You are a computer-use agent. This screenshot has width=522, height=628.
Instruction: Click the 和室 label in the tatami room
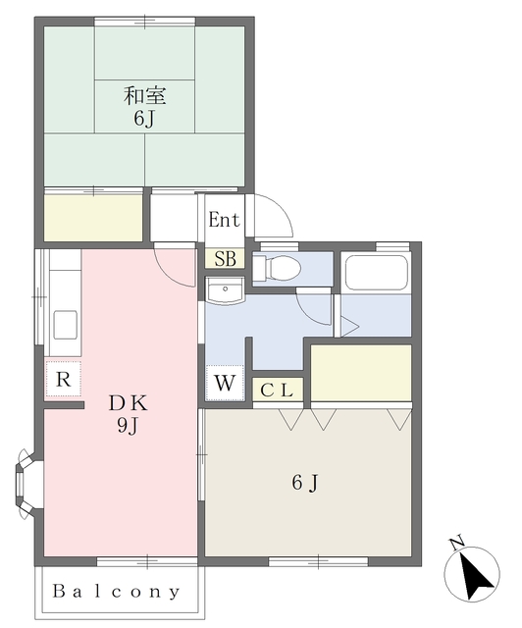pos(144,96)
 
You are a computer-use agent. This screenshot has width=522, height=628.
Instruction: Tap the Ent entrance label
pos(224,220)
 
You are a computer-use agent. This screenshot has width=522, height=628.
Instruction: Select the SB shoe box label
pos(225,259)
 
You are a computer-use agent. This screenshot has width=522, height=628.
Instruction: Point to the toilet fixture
pos(277,268)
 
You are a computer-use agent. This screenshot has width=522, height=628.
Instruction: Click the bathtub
pos(376,273)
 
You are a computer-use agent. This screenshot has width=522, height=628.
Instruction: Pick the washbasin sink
pos(225,290)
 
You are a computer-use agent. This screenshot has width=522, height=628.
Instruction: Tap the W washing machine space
pos(225,383)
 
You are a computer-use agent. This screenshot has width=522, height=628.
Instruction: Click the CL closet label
pos(277,391)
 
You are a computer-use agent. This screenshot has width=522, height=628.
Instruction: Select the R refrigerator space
pos(64,379)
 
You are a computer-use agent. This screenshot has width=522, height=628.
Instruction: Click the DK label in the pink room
pos(129,403)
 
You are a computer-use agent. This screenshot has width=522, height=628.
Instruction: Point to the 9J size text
pos(128,426)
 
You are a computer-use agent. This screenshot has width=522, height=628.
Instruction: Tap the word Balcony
pos(116,591)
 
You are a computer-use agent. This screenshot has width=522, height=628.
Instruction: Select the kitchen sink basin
pos(66,325)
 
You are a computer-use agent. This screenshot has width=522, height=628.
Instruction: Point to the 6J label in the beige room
pos(305,483)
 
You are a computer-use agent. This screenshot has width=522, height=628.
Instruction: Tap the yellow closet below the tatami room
pos(93,218)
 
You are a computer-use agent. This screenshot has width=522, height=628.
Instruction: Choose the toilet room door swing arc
pos(313,308)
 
